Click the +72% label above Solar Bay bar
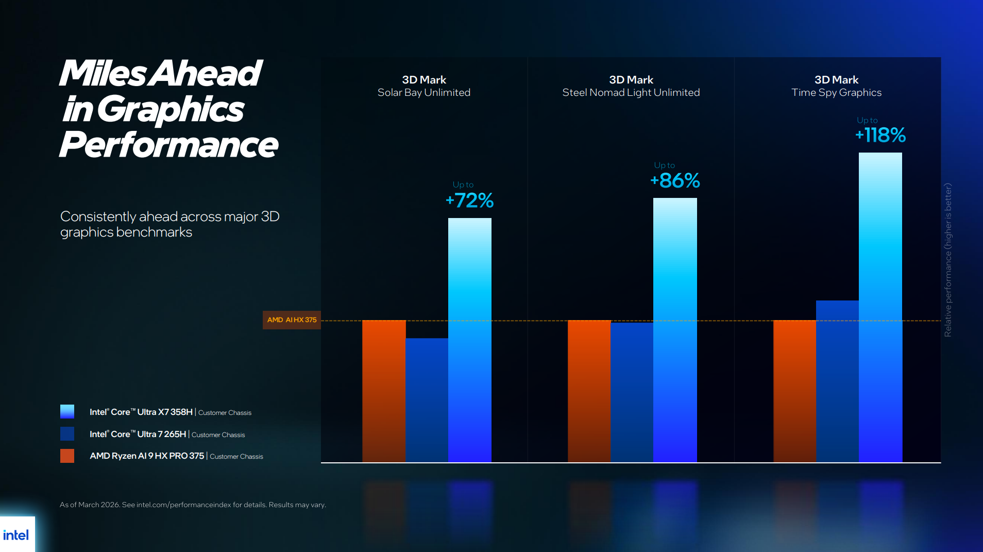point(469,200)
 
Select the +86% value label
point(675,180)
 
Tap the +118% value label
point(880,135)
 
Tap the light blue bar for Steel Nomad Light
point(675,330)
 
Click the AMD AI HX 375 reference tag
point(292,320)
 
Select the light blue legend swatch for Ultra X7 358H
point(67,411)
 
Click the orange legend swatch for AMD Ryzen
point(67,456)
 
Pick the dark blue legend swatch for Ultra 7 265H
point(67,433)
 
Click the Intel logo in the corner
point(16,535)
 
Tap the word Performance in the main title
point(168,145)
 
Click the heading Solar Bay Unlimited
point(423,92)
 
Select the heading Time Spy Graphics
point(836,92)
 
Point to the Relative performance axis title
point(948,260)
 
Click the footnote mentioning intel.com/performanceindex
point(193,505)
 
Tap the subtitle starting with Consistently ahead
point(170,224)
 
